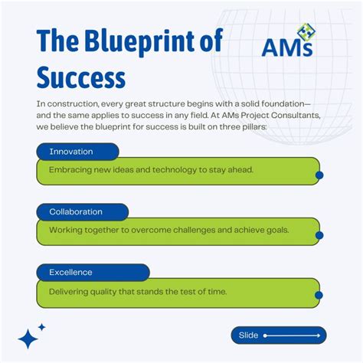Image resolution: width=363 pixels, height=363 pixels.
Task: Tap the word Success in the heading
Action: pos(80,77)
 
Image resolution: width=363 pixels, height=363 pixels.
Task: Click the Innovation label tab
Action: pos(71,152)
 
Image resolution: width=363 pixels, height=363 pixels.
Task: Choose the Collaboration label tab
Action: pos(76,211)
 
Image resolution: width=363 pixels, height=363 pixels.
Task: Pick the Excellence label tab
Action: pos(70,272)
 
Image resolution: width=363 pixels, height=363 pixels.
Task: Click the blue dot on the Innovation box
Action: pos(319,175)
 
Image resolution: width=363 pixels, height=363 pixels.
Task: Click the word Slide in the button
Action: pos(249,335)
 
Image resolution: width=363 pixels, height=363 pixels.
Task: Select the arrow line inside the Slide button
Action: pos(291,335)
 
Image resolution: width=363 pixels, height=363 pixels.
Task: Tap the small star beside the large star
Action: pos(42,327)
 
